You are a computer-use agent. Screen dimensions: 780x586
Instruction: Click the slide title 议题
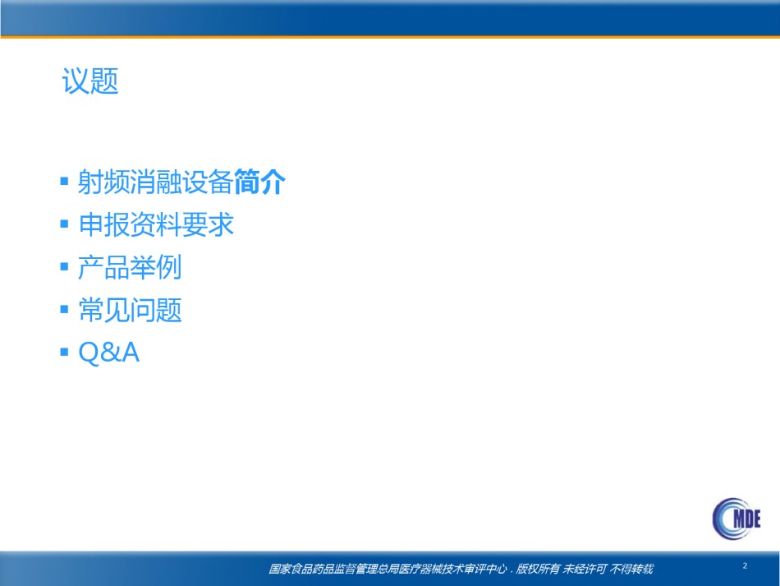(x=90, y=81)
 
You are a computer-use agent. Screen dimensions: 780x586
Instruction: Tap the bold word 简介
(x=259, y=182)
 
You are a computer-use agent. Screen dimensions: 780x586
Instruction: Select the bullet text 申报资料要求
(x=156, y=224)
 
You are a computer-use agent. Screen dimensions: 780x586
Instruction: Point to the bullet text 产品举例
(x=130, y=267)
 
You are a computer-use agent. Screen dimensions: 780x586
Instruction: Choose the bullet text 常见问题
(x=131, y=310)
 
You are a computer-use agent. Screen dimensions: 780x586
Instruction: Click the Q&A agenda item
(x=109, y=353)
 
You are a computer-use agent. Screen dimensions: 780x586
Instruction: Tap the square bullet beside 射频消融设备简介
(x=64, y=181)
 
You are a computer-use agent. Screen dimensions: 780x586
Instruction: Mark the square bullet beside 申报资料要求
(x=64, y=224)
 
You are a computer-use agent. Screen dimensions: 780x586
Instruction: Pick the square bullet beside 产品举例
(x=64, y=266)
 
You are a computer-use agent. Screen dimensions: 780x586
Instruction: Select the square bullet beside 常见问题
(x=64, y=309)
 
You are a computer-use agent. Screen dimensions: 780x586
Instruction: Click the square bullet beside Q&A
(x=64, y=352)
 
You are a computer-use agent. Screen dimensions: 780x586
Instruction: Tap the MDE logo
(x=736, y=519)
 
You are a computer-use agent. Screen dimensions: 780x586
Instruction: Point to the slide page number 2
(x=745, y=565)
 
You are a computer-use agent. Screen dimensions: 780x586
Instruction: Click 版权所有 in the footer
(x=538, y=569)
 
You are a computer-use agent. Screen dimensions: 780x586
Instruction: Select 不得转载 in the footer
(x=631, y=569)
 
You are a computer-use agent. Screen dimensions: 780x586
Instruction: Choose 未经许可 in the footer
(x=585, y=569)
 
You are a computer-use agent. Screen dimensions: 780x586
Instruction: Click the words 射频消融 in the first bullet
(x=130, y=182)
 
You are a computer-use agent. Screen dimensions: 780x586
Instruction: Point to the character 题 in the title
(x=105, y=81)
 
